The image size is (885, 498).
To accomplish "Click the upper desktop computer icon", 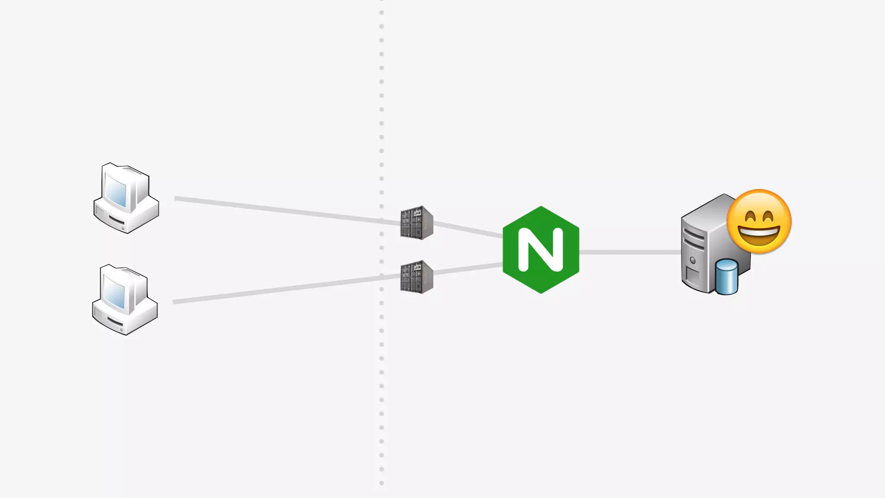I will click(126, 198).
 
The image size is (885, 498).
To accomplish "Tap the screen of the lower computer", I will click(115, 292).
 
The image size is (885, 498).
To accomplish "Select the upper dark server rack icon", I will click(417, 223).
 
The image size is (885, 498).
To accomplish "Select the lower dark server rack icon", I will click(417, 277).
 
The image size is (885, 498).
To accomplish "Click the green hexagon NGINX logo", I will click(541, 250).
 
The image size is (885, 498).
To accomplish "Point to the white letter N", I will click(541, 250).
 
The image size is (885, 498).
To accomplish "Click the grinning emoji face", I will click(759, 222).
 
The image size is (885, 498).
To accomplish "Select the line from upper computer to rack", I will click(285, 211).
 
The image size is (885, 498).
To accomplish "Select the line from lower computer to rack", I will click(285, 288).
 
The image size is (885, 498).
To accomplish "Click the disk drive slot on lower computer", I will click(115, 322).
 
